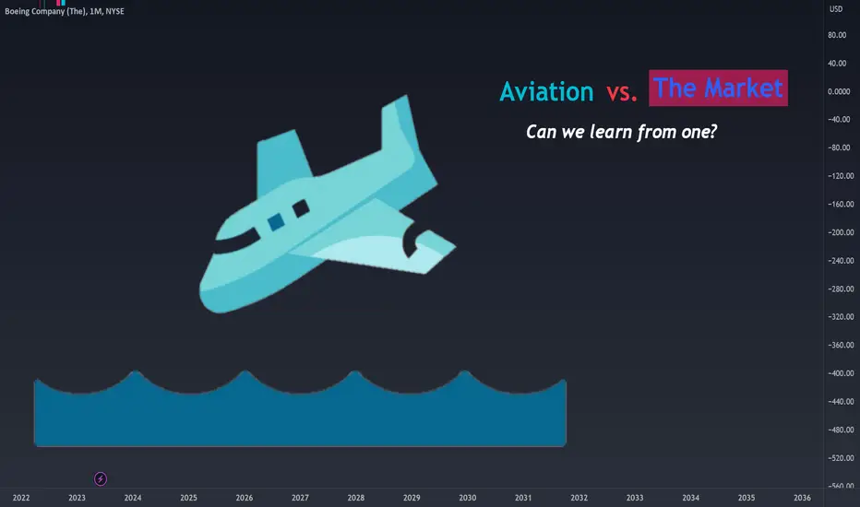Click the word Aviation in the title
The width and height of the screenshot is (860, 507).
pos(546,91)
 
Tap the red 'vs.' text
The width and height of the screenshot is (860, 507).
pos(621,92)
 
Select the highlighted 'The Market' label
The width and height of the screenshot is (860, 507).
pos(718,88)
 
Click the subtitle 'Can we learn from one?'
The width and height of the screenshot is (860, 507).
pos(621,132)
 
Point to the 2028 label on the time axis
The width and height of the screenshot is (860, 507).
pos(355,498)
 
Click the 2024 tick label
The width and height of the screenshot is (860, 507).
pos(133,498)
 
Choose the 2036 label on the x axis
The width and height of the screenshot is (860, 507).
pos(802,498)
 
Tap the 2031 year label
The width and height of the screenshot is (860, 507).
pos(523,498)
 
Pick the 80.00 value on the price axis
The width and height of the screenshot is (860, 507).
pos(837,35)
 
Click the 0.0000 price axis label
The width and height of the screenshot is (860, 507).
pos(839,91)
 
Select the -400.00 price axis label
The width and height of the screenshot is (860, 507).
pos(841,373)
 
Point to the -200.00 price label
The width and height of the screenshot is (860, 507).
pos(841,232)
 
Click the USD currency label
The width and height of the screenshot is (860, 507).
pos(836,9)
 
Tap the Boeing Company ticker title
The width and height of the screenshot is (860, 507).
pos(65,11)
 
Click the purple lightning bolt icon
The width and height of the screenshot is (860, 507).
pos(101,479)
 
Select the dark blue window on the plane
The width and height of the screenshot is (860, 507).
pos(276,221)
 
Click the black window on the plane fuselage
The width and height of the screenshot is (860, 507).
pos(301,209)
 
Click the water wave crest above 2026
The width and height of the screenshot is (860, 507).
pos(245,372)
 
